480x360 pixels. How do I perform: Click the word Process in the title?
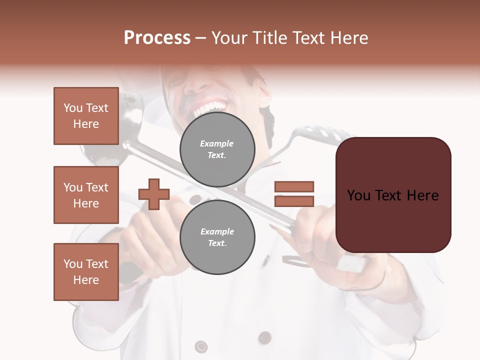click(x=157, y=38)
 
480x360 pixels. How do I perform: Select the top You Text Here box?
click(x=86, y=116)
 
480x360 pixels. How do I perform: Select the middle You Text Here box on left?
click(x=86, y=195)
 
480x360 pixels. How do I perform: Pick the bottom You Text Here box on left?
click(x=86, y=272)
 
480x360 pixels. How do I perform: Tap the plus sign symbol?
click(x=154, y=194)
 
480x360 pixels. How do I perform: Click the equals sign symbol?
click(x=294, y=194)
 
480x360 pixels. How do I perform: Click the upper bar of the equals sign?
click(x=294, y=187)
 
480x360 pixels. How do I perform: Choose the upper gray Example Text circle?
click(x=217, y=149)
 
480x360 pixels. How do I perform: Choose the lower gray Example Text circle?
click(x=217, y=237)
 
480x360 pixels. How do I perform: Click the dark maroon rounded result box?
click(x=393, y=195)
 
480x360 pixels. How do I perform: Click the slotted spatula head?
click(x=320, y=136)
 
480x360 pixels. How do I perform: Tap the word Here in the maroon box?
click(x=422, y=195)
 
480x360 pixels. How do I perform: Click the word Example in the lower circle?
click(x=217, y=231)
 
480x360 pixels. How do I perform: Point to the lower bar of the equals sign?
click(x=294, y=201)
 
